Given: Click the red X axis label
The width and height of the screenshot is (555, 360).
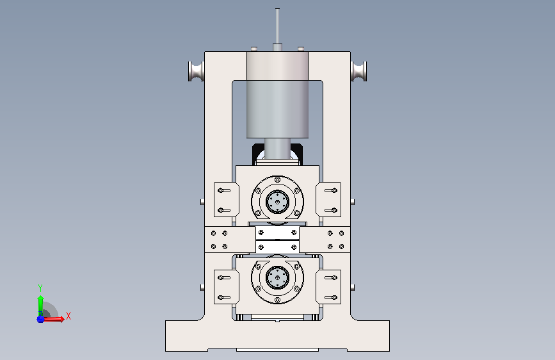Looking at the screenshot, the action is point(68,316).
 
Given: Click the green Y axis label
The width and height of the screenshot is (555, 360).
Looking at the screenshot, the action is point(40,288).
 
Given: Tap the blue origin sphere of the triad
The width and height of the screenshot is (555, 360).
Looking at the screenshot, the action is point(41,319).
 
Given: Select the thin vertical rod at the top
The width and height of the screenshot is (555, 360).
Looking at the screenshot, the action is point(278,26).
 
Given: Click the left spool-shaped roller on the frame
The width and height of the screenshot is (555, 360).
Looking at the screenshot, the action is point(196,71).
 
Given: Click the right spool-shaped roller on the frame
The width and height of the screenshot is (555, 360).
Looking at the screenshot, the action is point(359,71).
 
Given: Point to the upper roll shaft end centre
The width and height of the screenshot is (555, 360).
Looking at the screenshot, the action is point(278,202).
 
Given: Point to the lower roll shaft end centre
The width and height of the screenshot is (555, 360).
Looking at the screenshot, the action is point(278,277).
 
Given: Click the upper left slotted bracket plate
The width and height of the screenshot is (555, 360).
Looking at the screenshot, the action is point(226,199).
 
